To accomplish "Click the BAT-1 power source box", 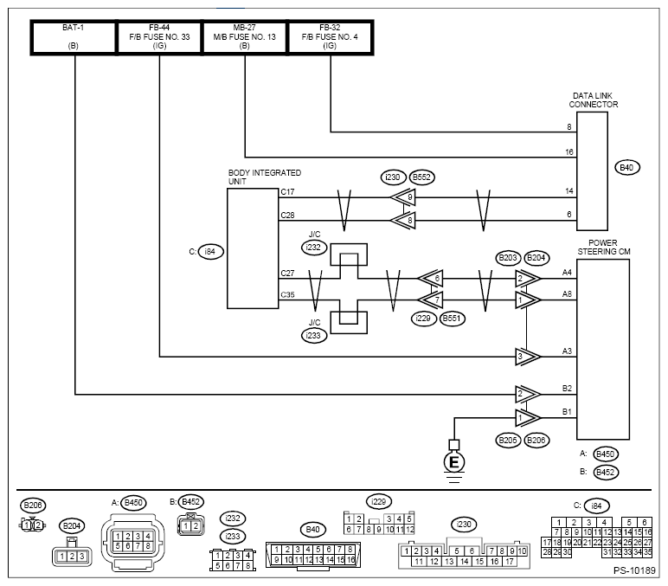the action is (x=74, y=37).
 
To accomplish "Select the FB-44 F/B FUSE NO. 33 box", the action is (x=159, y=37).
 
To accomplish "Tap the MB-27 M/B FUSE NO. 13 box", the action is (x=245, y=37).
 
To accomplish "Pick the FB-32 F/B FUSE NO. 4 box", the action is (x=331, y=37).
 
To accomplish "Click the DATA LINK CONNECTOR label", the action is (x=593, y=100).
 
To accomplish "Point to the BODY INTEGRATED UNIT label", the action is (x=265, y=177).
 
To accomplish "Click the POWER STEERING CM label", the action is (x=604, y=248).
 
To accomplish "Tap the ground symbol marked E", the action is (x=454, y=461).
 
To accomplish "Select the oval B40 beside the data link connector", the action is (x=627, y=167).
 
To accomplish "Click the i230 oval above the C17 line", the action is (x=393, y=177).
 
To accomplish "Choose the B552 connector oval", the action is (x=421, y=177).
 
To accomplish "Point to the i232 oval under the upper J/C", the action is (x=313, y=248).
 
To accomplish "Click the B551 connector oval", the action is (x=452, y=319).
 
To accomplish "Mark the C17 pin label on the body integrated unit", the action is (x=287, y=192).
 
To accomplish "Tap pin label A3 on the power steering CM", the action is (x=567, y=351).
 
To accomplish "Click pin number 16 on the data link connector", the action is (x=569, y=151).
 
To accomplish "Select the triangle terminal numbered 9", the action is (x=402, y=197).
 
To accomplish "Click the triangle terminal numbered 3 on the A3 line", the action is (x=528, y=357).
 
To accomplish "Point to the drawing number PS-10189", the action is (x=634, y=570).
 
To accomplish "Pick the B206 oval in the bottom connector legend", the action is (x=33, y=506).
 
